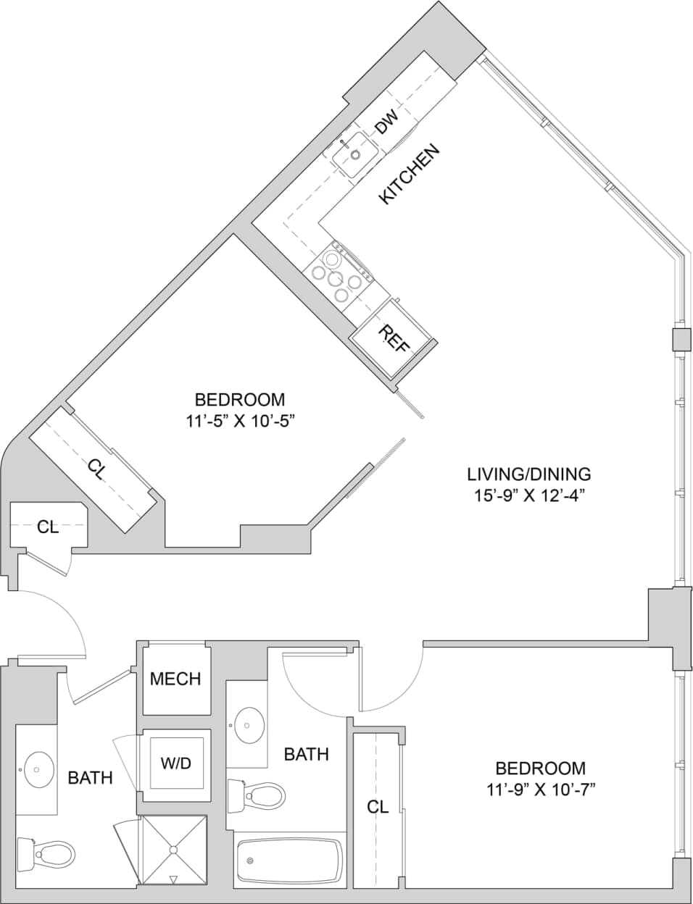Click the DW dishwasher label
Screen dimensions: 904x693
pos(386,122)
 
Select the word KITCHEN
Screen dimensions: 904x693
pos(410,174)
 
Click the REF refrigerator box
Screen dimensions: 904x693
pos(392,338)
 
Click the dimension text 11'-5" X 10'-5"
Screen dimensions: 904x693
pos(239,419)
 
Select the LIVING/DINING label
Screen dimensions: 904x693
pos(528,474)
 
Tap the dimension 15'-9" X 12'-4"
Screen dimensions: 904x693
pos(528,495)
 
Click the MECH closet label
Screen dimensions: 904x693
pos(175,679)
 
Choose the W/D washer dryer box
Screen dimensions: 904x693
pos(176,763)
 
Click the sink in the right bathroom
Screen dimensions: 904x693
pos(249,725)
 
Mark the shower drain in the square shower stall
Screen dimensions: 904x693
pos(173,849)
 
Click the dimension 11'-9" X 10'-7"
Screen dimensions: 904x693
pos(540,789)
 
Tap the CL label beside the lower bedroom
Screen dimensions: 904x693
pos(378,806)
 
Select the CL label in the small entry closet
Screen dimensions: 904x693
pos(48,527)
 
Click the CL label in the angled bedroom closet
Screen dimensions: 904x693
pos(96,470)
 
